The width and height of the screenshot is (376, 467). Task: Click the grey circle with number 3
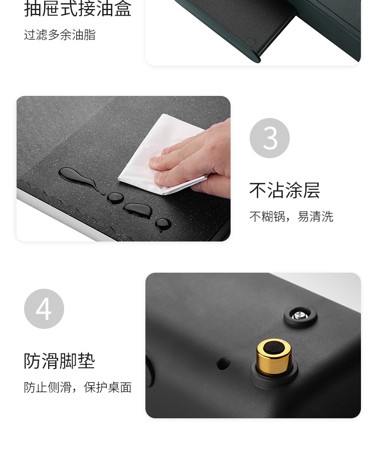point(270,138)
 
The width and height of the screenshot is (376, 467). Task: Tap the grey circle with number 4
point(44,308)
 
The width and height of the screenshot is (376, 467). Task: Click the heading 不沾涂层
point(284,190)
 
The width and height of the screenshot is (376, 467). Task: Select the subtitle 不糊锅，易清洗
point(291,216)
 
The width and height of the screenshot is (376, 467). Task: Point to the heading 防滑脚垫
point(60,361)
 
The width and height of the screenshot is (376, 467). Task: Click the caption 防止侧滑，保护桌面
point(78,387)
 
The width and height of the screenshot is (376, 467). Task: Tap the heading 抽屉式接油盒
point(78,9)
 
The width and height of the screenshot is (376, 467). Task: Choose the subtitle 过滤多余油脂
point(60,35)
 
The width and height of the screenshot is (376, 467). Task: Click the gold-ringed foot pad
point(274,358)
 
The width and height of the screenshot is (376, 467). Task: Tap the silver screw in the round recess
point(300,315)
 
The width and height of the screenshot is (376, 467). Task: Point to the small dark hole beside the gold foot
point(224,364)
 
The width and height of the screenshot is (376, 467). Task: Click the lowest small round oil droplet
point(163,224)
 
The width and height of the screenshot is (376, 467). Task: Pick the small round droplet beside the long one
point(115,198)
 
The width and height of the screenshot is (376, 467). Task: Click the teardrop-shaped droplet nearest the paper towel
point(138,210)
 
